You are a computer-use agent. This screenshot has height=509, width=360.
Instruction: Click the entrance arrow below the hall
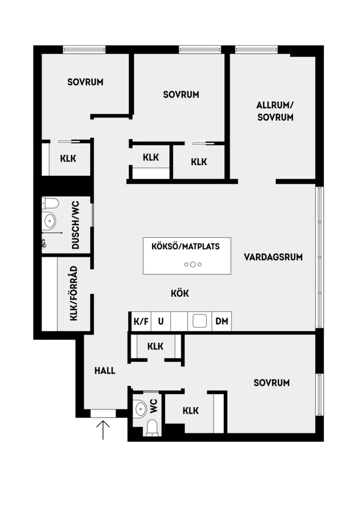pyautogui.click(x=103, y=430)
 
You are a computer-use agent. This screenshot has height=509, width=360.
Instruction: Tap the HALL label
pyautogui.click(x=105, y=371)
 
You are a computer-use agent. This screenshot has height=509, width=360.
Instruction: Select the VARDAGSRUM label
pyautogui.click(x=273, y=257)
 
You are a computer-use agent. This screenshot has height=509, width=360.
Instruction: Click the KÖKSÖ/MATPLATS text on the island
pyautogui.click(x=185, y=246)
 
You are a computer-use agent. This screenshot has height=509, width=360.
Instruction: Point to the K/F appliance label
pyautogui.click(x=141, y=322)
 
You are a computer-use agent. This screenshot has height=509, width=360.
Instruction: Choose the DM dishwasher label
pyautogui.click(x=222, y=322)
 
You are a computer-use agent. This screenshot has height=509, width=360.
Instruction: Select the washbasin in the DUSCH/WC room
pyautogui.click(x=49, y=221)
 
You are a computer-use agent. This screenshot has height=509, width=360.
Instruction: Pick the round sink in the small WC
pyautogui.click(x=141, y=409)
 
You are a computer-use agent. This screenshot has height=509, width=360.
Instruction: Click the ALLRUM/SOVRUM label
pyautogui.click(x=275, y=111)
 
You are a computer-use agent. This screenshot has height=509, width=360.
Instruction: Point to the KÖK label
pyautogui.click(x=180, y=293)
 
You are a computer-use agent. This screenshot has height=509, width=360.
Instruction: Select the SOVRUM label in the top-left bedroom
pyautogui.click(x=85, y=82)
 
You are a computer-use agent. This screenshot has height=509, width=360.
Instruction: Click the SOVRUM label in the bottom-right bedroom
pyautogui.click(x=271, y=383)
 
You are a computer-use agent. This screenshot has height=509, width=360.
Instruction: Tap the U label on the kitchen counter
pyautogui.click(x=161, y=322)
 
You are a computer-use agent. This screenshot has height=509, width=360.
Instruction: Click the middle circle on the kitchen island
pyautogui.click(x=193, y=264)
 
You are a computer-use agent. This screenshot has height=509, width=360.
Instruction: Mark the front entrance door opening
pyautogui.click(x=103, y=414)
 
